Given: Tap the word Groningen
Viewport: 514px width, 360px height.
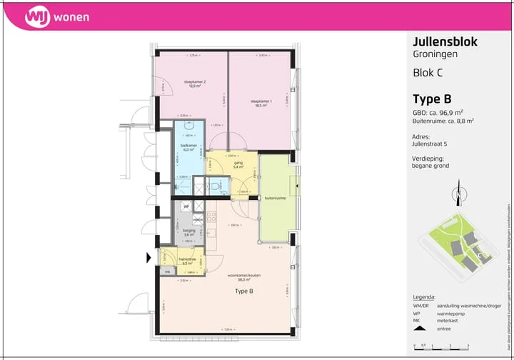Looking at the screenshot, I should pyautogui.click(x=435, y=54).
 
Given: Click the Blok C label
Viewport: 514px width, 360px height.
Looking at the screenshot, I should pyautogui.click(x=428, y=72).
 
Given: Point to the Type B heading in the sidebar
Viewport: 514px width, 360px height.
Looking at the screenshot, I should pyautogui.click(x=432, y=99).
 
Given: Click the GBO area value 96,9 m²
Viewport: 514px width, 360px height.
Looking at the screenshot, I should pyautogui.click(x=448, y=112).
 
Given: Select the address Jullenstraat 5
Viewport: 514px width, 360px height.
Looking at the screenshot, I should pyautogui.click(x=431, y=144).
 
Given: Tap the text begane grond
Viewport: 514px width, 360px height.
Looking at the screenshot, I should pyautogui.click(x=430, y=166).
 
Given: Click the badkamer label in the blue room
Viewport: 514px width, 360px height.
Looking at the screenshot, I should pyautogui.click(x=188, y=147).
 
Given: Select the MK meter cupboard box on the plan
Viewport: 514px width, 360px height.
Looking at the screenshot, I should pyautogui.click(x=167, y=271).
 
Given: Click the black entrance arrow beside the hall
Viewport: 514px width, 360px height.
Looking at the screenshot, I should pyautogui.click(x=150, y=257).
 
